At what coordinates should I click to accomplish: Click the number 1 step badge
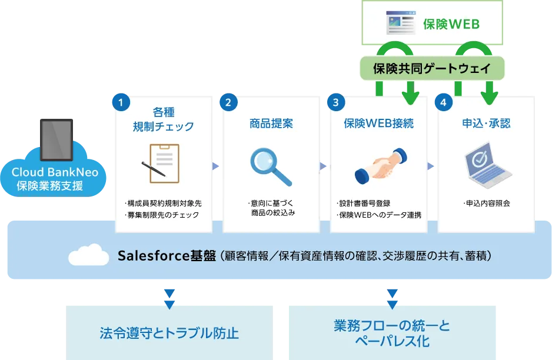121,102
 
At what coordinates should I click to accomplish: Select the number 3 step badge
335,102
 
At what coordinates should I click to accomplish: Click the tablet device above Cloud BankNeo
56,139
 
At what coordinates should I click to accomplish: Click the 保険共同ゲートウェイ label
433,68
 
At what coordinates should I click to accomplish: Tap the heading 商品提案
271,124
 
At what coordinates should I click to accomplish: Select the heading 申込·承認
486,124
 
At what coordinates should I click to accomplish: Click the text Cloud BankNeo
55,173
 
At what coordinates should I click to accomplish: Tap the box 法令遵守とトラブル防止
169,333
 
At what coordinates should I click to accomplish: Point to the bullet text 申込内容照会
487,204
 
